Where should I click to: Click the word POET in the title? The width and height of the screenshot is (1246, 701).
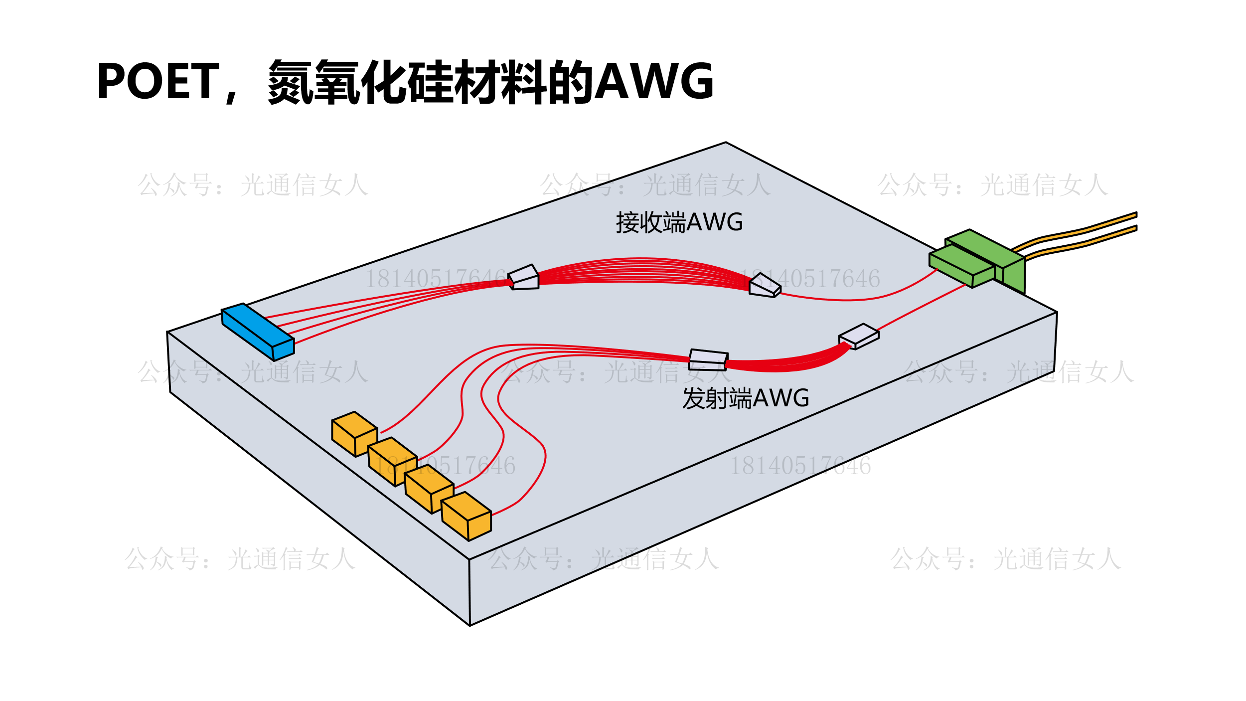click(x=158, y=81)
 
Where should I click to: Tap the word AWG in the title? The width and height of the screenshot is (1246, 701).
click(x=654, y=81)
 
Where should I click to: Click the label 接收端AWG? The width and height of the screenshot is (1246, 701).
click(x=679, y=222)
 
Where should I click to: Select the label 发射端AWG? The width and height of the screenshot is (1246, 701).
click(x=745, y=398)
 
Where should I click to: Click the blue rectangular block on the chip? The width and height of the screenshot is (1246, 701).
click(x=258, y=331)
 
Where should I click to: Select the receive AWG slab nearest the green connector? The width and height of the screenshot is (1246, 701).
click(x=764, y=286)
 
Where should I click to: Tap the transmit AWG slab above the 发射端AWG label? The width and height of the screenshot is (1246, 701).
click(x=708, y=359)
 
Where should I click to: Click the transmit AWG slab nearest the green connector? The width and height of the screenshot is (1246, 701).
click(x=859, y=336)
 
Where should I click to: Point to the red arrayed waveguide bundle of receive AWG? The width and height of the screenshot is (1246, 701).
click(x=643, y=272)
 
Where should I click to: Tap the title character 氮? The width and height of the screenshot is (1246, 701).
click(x=291, y=81)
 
